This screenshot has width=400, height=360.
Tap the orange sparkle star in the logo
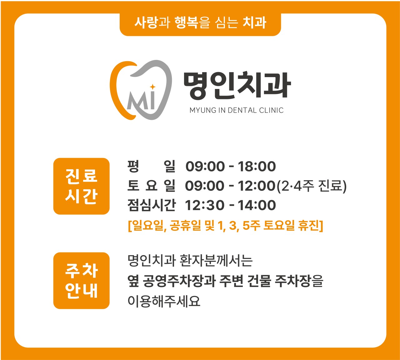point(152,87)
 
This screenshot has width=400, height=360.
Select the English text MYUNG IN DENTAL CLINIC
point(237,110)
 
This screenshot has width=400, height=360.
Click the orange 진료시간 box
point(82,186)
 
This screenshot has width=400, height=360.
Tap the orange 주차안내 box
point(82,280)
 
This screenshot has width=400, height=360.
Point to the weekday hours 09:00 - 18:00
point(231,166)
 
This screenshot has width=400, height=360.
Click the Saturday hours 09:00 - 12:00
point(230,186)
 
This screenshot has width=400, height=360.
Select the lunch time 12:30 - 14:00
point(230,205)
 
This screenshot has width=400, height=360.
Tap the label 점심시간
point(152,205)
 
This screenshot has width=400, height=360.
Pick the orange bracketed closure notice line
point(225,225)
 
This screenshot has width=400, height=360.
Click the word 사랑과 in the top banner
point(152,22)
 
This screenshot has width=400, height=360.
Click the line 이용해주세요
point(164,301)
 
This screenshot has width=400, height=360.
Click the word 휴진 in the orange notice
point(310,225)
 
